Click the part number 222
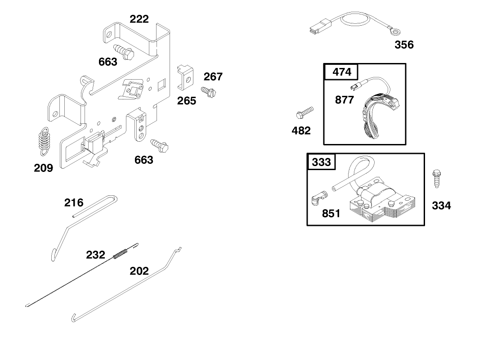139,19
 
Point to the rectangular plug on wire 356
318,28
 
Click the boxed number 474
341,72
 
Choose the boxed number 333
321,162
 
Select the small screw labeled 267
209,93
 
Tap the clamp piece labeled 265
185,76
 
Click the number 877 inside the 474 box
345,100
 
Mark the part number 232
95,255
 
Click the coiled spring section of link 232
120,254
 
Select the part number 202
139,271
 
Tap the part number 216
74,203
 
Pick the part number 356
404,45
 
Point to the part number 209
43,168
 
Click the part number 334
441,206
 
